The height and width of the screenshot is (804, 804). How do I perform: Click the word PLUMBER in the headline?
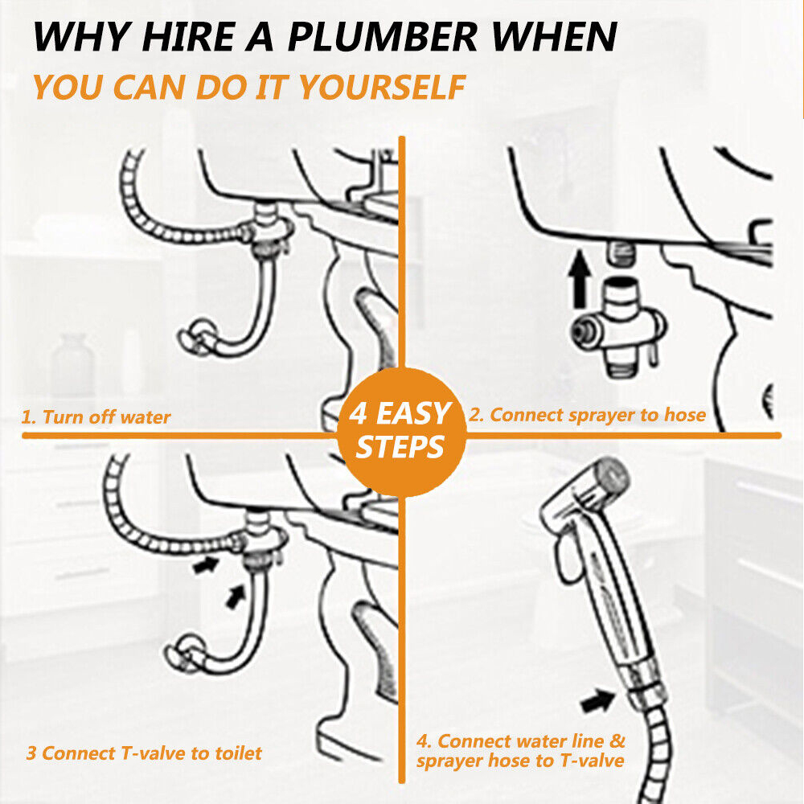381,37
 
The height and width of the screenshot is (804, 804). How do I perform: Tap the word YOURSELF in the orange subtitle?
382,87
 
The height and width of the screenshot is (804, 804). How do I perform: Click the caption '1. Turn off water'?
96,416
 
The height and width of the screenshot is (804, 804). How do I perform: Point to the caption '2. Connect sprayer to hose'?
587,415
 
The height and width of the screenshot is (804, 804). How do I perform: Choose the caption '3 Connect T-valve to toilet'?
144,753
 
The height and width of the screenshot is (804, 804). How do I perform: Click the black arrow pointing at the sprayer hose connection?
598,699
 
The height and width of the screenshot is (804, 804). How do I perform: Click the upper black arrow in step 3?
205,564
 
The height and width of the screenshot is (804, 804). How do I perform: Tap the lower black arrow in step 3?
236,597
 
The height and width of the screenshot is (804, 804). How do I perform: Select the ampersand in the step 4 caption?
617,741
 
